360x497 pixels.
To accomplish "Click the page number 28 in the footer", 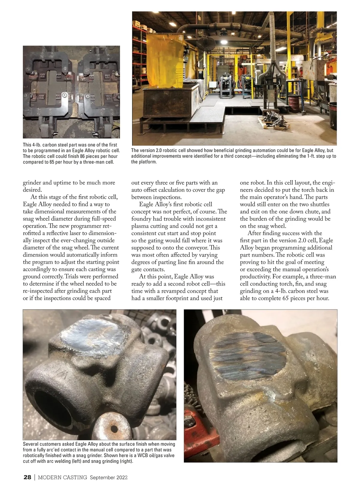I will tap(27, 478).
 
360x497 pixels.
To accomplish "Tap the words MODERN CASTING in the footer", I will tap(62, 478).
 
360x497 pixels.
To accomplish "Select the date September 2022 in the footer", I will tap(109, 478).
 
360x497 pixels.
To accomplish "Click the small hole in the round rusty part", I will tap(114, 429).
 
